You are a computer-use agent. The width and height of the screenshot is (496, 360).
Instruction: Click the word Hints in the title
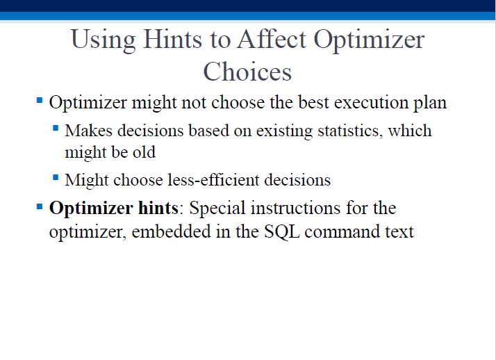pos(172,39)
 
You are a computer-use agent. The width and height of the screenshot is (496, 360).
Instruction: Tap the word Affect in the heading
pos(272,39)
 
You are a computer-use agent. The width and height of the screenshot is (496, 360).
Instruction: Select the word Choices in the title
pos(247,72)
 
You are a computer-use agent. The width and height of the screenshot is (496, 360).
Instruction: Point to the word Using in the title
pos(103,40)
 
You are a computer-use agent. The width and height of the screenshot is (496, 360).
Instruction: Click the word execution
pos(372,102)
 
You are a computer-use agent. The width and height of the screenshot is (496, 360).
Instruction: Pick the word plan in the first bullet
pos(430,103)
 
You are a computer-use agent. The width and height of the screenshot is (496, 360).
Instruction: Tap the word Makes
pos(89,131)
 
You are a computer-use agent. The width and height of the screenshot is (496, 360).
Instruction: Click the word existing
pos(284,131)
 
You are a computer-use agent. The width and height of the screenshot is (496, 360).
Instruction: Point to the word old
pos(144,152)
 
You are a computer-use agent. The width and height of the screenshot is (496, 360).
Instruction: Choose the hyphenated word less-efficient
pos(213,180)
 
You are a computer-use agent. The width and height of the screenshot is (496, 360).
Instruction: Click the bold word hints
pos(158,208)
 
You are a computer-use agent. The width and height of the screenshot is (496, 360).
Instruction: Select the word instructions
pos(296,208)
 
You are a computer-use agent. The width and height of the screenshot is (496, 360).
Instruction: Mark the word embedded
pos(171,231)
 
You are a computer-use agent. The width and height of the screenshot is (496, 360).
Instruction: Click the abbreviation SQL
pos(282,232)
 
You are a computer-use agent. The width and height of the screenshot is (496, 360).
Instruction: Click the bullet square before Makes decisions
pos(56,129)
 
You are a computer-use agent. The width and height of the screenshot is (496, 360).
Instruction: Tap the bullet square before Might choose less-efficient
pos(56,177)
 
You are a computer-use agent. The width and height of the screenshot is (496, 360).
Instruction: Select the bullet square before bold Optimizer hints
pos(40,207)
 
